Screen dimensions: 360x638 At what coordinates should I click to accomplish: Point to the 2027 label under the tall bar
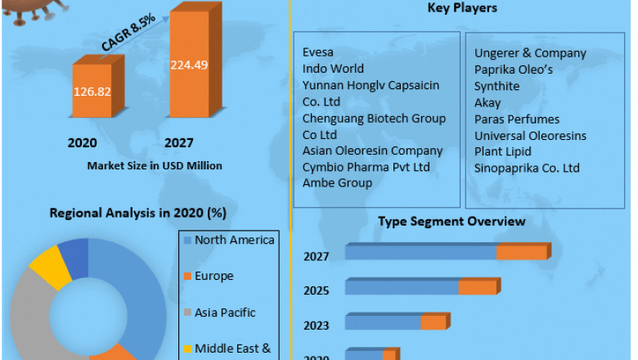click(x=179, y=143)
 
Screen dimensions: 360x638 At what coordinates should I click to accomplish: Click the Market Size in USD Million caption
click(x=155, y=165)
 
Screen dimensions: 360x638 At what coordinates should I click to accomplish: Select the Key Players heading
click(x=462, y=8)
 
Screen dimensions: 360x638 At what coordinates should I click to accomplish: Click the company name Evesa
click(x=318, y=52)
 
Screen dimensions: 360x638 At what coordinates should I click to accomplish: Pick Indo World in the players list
click(x=333, y=69)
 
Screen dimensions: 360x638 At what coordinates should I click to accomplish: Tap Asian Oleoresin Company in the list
click(x=372, y=151)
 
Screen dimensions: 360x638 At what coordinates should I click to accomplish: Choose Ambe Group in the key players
click(x=337, y=183)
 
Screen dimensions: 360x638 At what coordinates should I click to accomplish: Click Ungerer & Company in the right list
click(x=530, y=53)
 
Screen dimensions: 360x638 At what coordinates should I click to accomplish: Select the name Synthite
click(x=496, y=86)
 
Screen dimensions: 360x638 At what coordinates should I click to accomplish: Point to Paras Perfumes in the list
click(x=517, y=119)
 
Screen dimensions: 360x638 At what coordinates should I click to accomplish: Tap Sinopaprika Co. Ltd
click(x=527, y=168)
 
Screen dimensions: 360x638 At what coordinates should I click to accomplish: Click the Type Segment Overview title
click(x=452, y=221)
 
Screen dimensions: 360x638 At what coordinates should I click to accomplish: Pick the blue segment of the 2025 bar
click(x=402, y=287)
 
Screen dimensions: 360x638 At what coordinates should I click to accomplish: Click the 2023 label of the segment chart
click(x=317, y=324)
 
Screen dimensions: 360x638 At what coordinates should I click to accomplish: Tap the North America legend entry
click(x=234, y=240)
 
